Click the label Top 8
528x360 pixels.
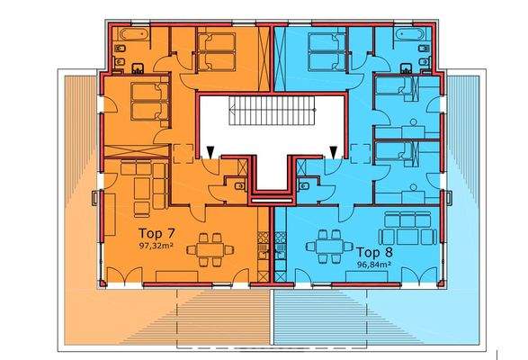click(x=376, y=253)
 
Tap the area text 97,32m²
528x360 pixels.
click(x=155, y=245)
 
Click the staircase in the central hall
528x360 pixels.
click(x=269, y=116)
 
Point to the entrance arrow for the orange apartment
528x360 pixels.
click(x=210, y=153)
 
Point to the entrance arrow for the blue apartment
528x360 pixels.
click(x=335, y=153)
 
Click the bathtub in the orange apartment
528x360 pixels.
click(x=128, y=37)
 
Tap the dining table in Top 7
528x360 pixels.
click(x=212, y=248)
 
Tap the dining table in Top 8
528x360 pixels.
click(x=327, y=244)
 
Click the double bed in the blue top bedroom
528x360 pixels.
click(x=326, y=49)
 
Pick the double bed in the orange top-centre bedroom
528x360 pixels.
click(x=216, y=50)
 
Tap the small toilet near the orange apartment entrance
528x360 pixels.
click(x=237, y=186)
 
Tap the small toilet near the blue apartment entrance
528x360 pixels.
click(x=306, y=186)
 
